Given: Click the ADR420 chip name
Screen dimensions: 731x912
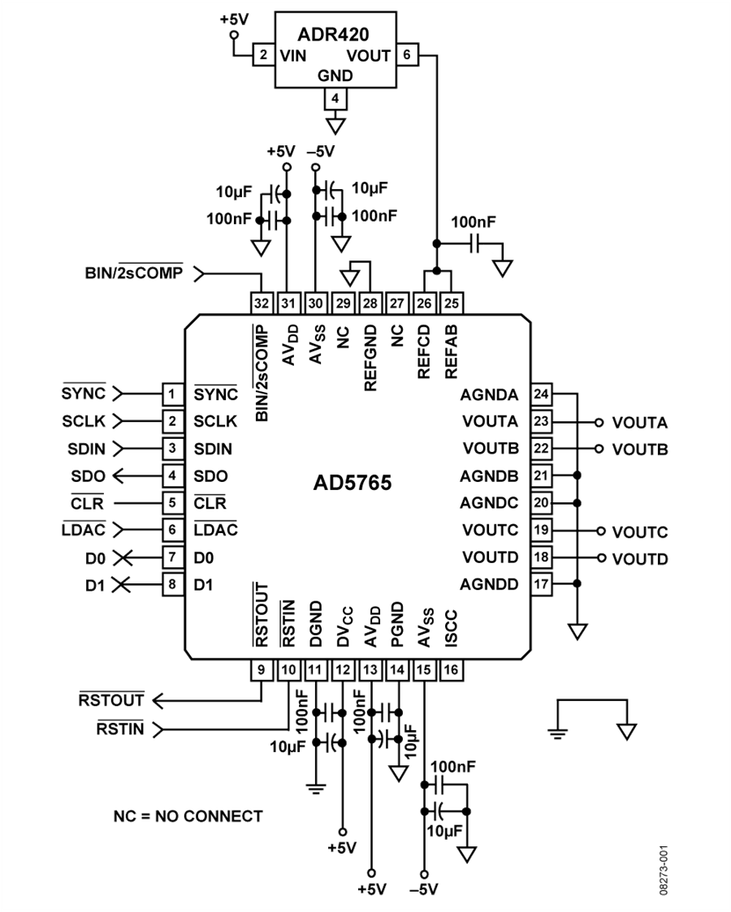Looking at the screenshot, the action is (333, 34).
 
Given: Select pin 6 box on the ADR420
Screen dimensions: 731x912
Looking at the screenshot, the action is (407, 54).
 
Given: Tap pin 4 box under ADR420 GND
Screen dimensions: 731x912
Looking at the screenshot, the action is (335, 98).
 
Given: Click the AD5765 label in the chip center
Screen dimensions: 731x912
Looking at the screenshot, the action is (353, 482).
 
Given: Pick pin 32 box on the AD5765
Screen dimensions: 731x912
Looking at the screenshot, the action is (262, 303).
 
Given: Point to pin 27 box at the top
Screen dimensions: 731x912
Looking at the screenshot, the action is (397, 303).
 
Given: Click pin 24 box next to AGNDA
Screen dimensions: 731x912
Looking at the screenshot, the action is (541, 394).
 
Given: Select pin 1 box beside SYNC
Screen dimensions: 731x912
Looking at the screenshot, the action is (172, 394).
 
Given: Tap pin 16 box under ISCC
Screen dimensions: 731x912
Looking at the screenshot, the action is (451, 669).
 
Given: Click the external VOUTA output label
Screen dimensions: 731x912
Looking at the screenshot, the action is (640, 422).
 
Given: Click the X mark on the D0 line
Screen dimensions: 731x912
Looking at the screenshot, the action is (122, 557).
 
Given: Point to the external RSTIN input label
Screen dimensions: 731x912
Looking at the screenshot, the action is (120, 728).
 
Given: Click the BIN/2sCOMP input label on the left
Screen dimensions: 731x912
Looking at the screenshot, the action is (134, 272).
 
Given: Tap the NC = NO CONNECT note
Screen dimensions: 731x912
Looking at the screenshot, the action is (188, 816).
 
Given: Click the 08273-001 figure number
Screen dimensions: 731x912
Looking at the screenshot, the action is (664, 870).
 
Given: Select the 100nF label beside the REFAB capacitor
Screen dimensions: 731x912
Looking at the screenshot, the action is (474, 222).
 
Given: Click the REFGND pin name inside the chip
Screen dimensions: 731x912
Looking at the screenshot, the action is (370, 358).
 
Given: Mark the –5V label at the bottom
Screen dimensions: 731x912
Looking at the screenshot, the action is (424, 888).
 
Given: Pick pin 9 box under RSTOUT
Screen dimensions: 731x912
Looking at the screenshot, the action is (262, 669).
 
